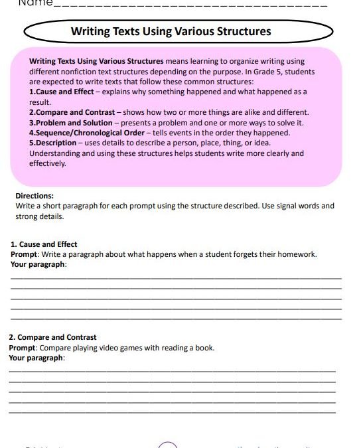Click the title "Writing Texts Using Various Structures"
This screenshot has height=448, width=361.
tap(171, 31)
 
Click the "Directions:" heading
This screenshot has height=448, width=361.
tap(35, 196)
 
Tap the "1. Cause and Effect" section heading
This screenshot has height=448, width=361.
tap(44, 244)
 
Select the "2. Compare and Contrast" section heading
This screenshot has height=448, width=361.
tap(52, 337)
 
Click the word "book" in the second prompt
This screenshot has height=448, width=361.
tap(205, 347)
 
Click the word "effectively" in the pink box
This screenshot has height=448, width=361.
tap(47, 163)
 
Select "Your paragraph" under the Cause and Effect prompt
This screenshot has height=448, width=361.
tap(38, 264)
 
